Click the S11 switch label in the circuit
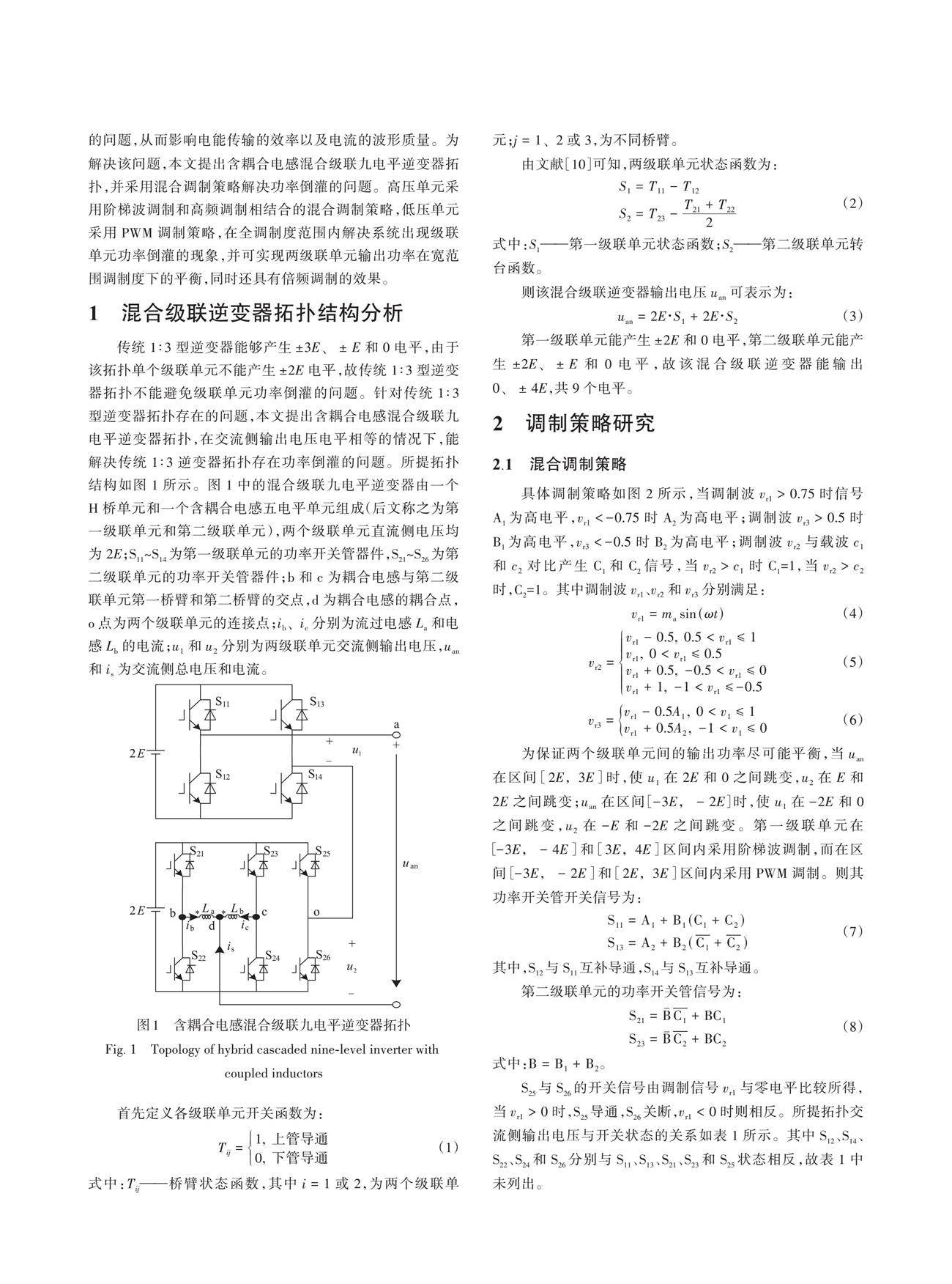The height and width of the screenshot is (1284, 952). [223, 704]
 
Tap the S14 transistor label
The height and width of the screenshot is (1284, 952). [315, 774]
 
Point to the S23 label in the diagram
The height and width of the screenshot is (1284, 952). [271, 853]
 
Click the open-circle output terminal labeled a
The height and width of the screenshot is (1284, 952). [396, 734]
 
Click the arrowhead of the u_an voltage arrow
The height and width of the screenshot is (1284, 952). [396, 982]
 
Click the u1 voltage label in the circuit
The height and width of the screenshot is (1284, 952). [357, 751]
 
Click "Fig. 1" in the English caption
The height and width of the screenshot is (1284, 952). [121, 1049]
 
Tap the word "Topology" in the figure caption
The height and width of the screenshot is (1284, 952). [176, 1049]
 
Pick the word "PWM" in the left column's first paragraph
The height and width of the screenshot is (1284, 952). [135, 233]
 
